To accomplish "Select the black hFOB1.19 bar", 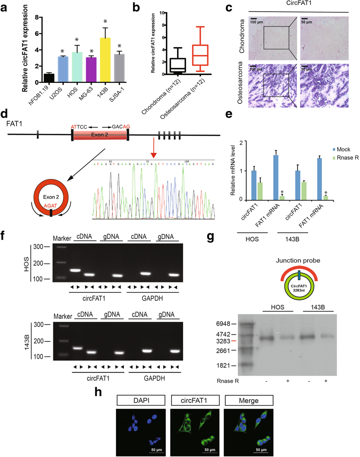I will click(x=49, y=78).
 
